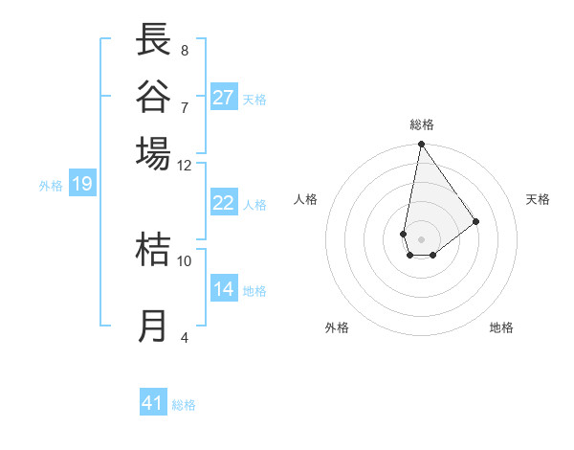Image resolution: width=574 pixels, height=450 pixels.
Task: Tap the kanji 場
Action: click(x=154, y=152)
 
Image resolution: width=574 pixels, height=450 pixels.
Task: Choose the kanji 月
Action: click(x=154, y=326)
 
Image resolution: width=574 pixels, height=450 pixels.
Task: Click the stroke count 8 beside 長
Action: click(x=185, y=50)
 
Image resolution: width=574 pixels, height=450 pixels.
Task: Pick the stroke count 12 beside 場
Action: click(x=185, y=165)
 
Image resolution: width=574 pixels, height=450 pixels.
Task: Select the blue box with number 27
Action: click(x=224, y=97)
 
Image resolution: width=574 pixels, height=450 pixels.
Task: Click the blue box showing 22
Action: click(x=224, y=203)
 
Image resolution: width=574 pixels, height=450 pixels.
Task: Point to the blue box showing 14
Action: click(x=224, y=289)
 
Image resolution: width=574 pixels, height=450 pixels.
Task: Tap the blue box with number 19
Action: click(x=82, y=184)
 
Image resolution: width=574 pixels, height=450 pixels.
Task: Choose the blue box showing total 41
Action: click(x=153, y=403)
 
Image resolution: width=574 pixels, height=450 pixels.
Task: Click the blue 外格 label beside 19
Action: click(x=51, y=186)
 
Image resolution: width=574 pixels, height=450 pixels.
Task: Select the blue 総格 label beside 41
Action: click(x=184, y=405)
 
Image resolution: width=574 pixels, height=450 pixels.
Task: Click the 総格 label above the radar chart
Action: click(x=421, y=124)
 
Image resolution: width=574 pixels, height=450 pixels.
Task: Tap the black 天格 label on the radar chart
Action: click(x=538, y=199)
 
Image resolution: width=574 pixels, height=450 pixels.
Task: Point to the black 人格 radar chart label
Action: click(x=306, y=199)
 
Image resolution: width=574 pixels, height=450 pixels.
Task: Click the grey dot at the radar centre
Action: click(x=421, y=238)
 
